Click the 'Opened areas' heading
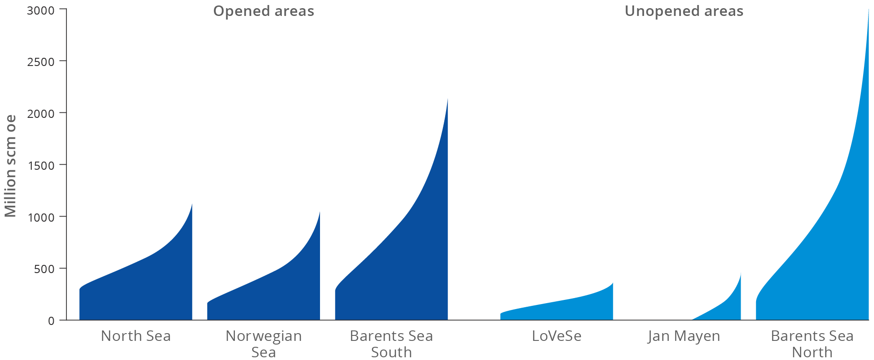point(264,11)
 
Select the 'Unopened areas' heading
point(684,11)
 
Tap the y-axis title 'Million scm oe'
point(10,166)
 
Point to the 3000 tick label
point(41,10)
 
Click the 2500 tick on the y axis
point(41,61)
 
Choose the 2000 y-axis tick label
point(41,113)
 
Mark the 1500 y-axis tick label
point(41,165)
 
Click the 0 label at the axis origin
point(51,321)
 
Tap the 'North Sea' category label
point(136,336)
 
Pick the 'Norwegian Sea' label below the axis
point(264,344)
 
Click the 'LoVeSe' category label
point(556,336)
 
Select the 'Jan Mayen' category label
point(684,336)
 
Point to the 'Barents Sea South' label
point(391,344)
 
